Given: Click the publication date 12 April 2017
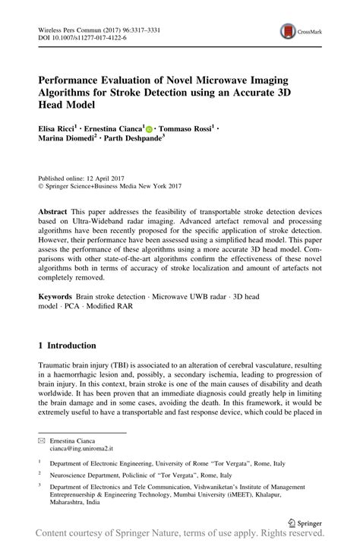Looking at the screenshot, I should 115,174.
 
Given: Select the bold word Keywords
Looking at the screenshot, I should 60,301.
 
